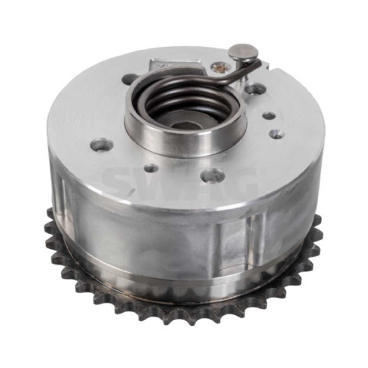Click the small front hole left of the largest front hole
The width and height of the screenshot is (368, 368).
(x=151, y=169)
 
